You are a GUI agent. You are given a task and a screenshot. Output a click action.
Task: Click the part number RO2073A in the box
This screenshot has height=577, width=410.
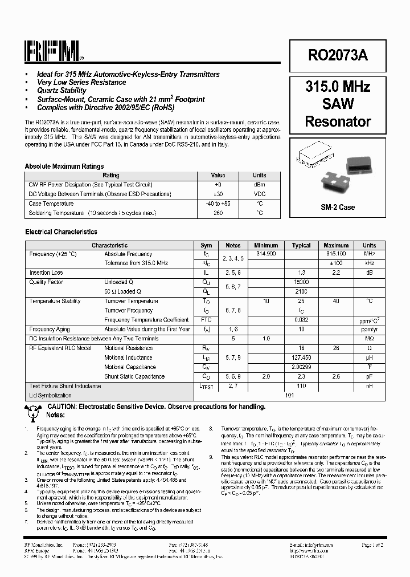[x=338, y=55]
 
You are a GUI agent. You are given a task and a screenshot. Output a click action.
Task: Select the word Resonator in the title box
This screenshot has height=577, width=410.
[x=338, y=121]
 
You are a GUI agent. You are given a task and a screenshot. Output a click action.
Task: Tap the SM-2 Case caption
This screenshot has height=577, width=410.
[x=338, y=207]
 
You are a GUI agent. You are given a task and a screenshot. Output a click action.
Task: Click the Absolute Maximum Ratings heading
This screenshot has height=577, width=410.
[x=64, y=166]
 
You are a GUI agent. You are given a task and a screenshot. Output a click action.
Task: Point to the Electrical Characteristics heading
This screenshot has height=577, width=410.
[x=61, y=232]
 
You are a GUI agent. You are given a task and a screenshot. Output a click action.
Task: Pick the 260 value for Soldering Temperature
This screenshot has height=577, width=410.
[x=218, y=213]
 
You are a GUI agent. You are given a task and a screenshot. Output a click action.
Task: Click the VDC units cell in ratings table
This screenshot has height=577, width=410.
[x=259, y=194]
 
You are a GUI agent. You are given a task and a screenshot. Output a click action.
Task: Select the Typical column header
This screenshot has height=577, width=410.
[x=301, y=245]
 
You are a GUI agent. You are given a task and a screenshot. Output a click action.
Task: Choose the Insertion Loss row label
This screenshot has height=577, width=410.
[x=46, y=273]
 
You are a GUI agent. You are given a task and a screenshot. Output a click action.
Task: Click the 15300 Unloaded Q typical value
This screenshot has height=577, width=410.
[x=301, y=282]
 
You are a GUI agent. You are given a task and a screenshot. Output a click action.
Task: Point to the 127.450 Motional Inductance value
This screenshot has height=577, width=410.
[x=301, y=357]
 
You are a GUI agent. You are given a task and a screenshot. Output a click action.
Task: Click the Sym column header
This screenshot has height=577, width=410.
[x=206, y=245]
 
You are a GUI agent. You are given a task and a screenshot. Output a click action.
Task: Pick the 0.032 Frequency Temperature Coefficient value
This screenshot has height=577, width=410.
[x=301, y=320]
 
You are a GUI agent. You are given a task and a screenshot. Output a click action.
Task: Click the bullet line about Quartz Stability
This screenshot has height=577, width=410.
[x=61, y=91]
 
